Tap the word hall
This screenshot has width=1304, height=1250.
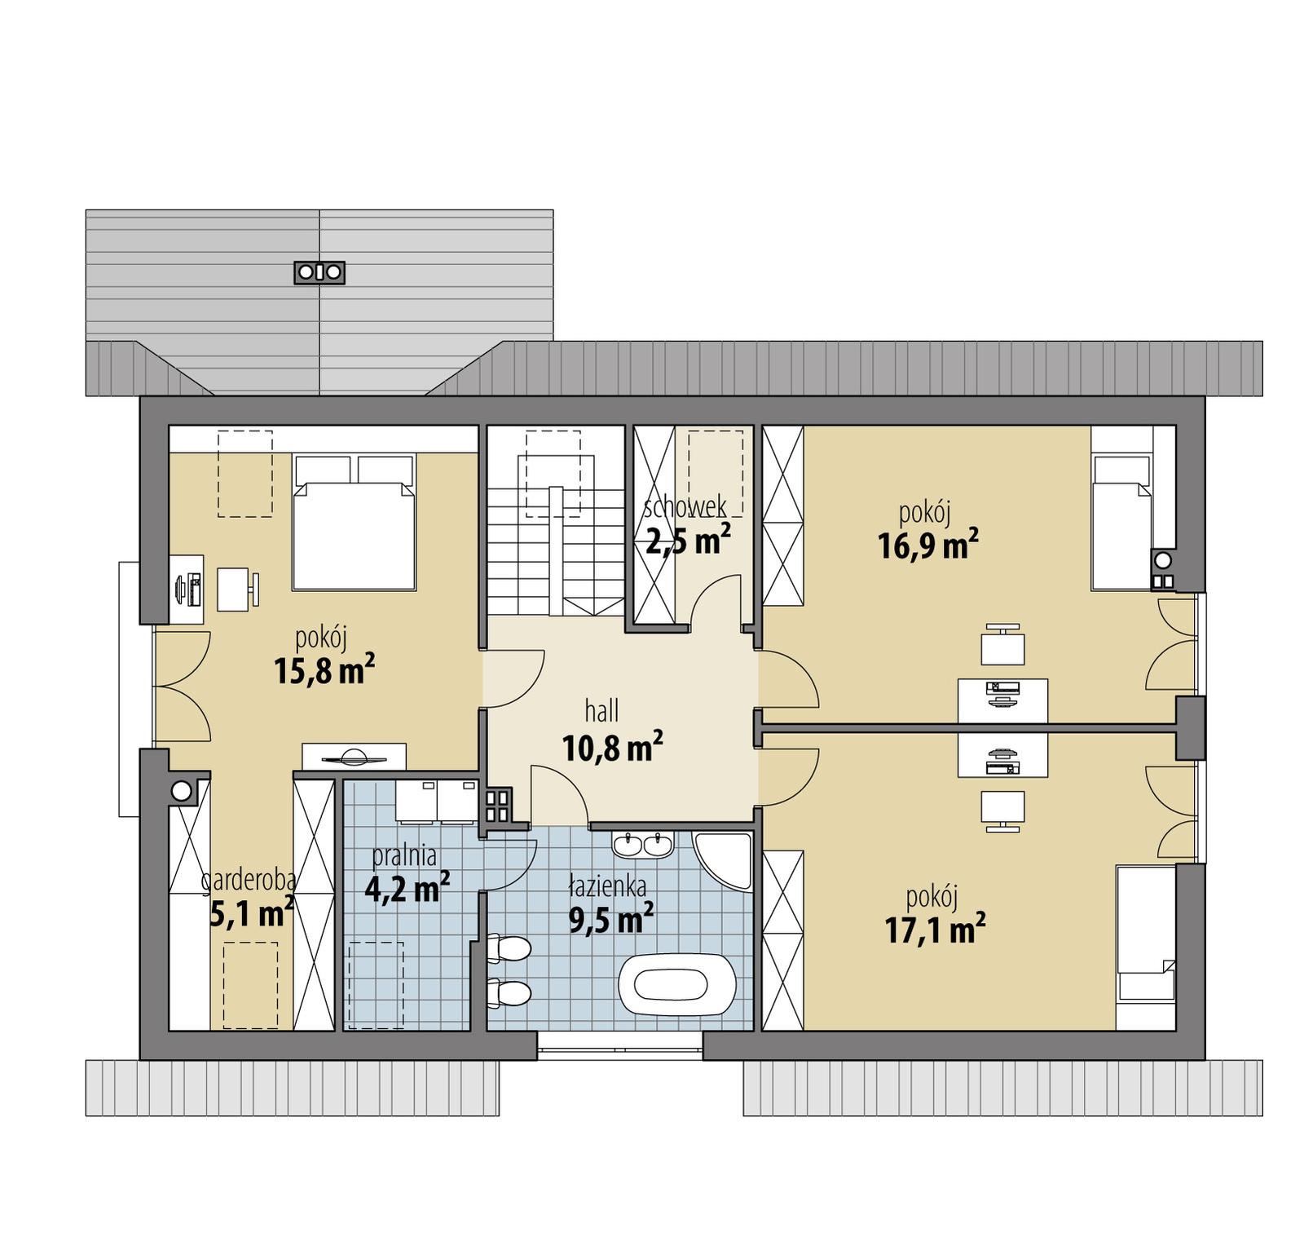click(x=601, y=711)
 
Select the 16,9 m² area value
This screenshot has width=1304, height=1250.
click(x=927, y=545)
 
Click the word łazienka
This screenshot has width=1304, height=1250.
click(x=608, y=886)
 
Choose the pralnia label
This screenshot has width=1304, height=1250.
click(x=404, y=856)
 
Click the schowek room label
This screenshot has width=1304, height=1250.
click(x=685, y=507)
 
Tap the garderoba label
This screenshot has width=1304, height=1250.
click(x=249, y=881)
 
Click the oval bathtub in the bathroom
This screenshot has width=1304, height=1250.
click(x=678, y=984)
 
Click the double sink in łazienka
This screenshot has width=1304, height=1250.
click(x=642, y=845)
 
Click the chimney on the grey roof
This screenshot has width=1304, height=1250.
click(x=319, y=272)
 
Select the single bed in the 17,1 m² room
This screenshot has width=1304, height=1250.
click(x=1146, y=946)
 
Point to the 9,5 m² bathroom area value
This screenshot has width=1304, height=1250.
click(x=610, y=920)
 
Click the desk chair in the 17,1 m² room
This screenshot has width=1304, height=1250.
click(x=1002, y=809)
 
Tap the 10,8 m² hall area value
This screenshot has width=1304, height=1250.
click(x=612, y=747)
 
